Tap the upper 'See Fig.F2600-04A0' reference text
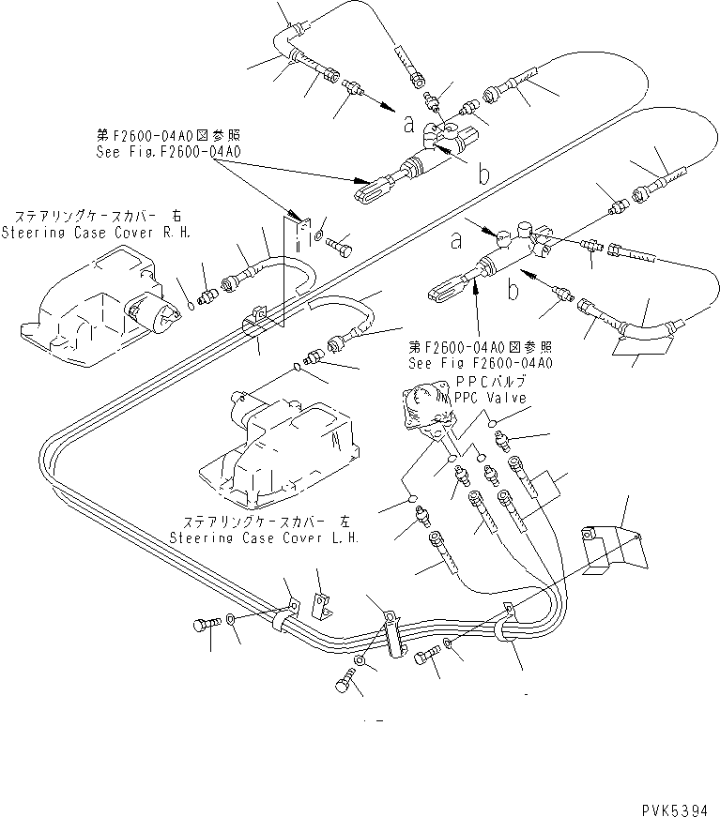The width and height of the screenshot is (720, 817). pos(168,150)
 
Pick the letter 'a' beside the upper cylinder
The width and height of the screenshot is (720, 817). pos(408,122)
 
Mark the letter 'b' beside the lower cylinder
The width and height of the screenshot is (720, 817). pos(513,292)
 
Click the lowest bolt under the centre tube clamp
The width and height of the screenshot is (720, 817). pos(345,685)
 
